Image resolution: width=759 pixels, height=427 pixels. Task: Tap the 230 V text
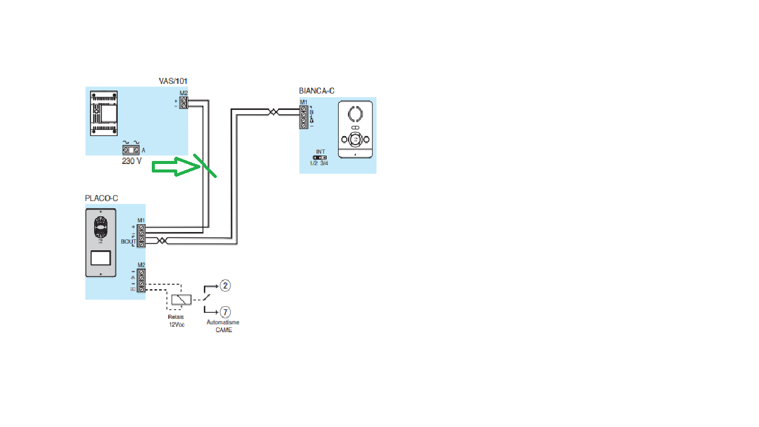click(131, 161)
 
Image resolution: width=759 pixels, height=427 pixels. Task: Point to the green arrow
click(175, 167)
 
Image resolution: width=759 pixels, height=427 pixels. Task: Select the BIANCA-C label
click(316, 91)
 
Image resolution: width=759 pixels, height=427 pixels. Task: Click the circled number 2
click(225, 285)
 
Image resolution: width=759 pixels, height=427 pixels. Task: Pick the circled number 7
click(225, 312)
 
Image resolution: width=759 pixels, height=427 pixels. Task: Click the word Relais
click(177, 317)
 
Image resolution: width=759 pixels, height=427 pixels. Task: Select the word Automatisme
click(223, 323)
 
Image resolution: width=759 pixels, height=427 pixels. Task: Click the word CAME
click(223, 330)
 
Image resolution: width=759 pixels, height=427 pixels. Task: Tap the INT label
click(320, 151)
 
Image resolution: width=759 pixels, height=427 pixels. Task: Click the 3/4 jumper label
click(325, 163)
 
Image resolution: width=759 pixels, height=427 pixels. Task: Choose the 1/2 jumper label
click(314, 163)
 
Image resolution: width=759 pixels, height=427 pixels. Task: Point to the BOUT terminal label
click(129, 241)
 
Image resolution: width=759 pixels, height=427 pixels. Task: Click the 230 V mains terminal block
click(131, 149)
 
